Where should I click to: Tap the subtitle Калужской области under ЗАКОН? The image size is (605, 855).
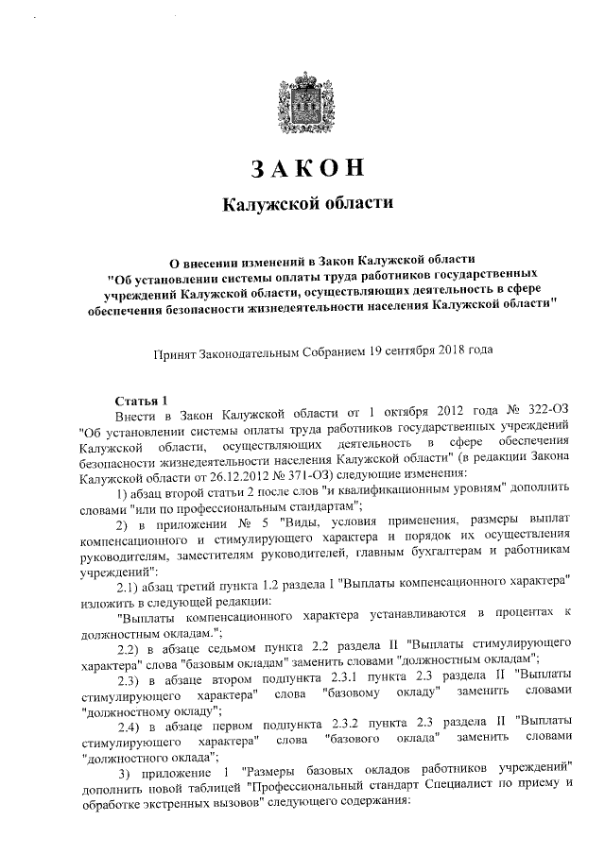coord(305,204)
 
